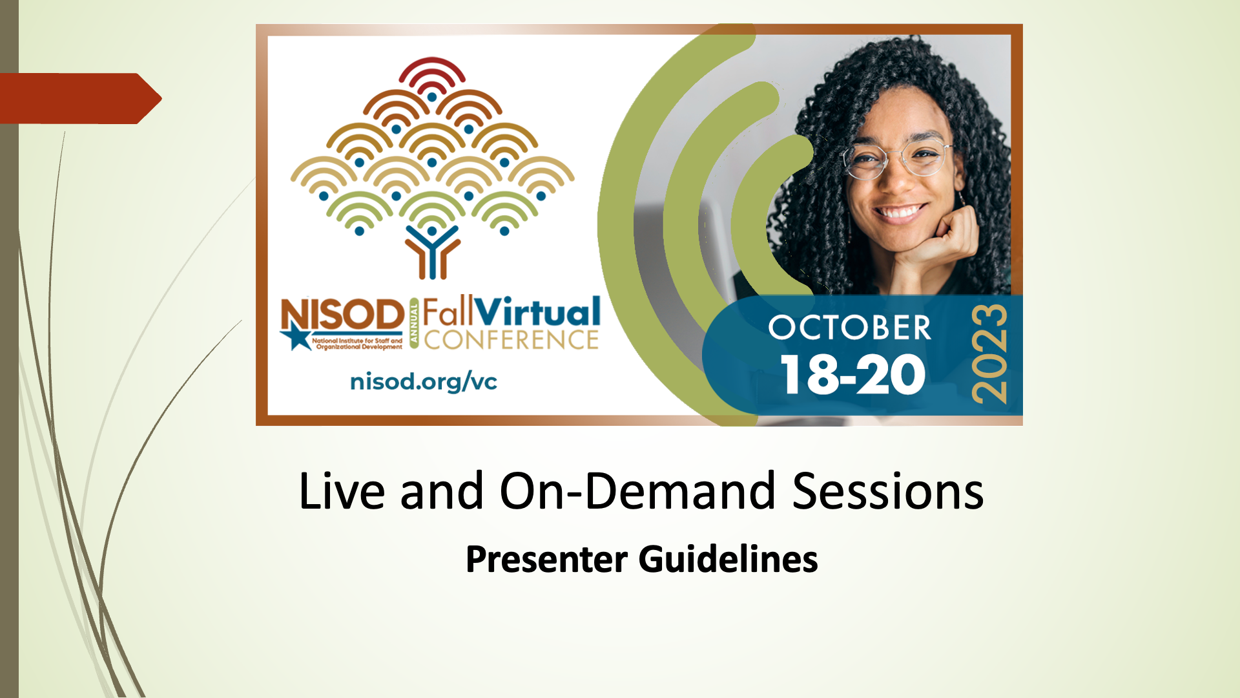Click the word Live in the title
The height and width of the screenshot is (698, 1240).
pyautogui.click(x=342, y=491)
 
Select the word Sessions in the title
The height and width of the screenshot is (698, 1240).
pyautogui.click(x=888, y=491)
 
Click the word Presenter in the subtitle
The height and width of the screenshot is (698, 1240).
pyautogui.click(x=546, y=560)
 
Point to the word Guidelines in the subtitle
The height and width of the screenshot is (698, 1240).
pyautogui.click(x=728, y=560)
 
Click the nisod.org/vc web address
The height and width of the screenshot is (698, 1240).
pyautogui.click(x=424, y=381)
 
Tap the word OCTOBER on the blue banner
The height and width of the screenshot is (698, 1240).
pyautogui.click(x=850, y=328)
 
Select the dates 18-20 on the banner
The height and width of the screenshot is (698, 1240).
pyautogui.click(x=853, y=374)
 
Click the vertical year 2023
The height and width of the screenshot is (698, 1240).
pyautogui.click(x=989, y=354)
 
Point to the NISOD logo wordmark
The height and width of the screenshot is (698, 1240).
pyautogui.click(x=343, y=315)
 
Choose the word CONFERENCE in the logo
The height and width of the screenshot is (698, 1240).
pyautogui.click(x=512, y=340)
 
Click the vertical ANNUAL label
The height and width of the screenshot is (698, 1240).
pyautogui.click(x=414, y=324)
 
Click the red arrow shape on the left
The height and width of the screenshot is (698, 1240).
pyautogui.click(x=80, y=98)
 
